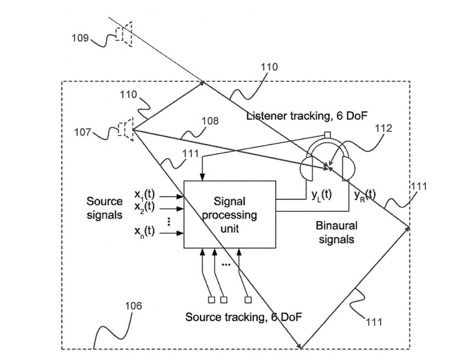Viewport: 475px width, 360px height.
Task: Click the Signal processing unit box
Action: click(230, 214)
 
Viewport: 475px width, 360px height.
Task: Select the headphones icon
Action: click(327, 164)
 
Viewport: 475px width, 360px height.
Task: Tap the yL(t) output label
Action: click(321, 194)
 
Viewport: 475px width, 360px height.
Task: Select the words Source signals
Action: click(104, 208)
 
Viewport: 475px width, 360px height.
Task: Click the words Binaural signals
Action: click(335, 231)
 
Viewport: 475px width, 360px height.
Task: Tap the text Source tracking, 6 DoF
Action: click(244, 317)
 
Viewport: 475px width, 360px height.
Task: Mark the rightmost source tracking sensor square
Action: click(247, 300)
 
